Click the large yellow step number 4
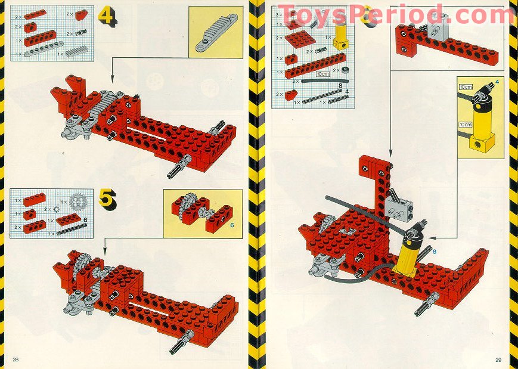point(107,16)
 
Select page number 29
point(498,359)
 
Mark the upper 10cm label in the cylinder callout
point(466,87)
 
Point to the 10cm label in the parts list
point(322,75)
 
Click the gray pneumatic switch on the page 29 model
point(395,206)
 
